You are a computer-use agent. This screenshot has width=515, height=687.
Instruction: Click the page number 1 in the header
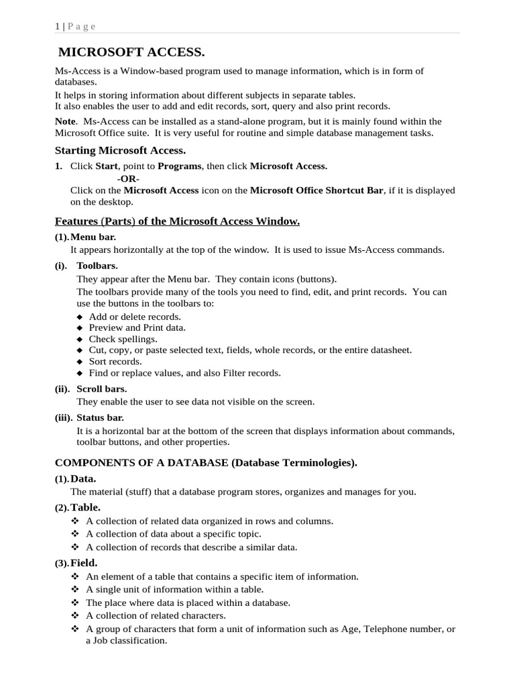57,26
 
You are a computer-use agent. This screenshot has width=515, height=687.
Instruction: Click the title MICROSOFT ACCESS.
131,52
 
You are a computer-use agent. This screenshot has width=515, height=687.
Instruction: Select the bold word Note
65,121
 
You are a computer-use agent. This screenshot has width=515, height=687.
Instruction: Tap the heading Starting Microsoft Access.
120,150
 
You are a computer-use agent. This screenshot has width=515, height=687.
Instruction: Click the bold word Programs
179,166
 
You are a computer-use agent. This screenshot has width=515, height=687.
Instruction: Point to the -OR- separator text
128,178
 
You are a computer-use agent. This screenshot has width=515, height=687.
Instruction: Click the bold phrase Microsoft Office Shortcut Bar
317,191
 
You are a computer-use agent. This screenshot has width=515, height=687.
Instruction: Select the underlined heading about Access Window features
177,221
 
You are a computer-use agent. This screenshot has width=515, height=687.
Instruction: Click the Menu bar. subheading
97,237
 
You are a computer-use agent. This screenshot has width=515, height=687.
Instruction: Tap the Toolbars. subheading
97,266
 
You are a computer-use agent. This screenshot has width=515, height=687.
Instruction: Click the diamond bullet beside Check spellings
80,339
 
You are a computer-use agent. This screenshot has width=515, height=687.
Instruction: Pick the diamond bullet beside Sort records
80,362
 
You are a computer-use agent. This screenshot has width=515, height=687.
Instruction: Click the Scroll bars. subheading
101,388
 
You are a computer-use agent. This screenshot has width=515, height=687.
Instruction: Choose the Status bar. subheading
101,417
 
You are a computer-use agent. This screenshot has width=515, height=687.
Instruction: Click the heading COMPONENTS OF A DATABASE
141,463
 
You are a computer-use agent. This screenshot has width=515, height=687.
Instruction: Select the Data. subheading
83,478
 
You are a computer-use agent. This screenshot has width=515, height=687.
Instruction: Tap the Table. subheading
85,507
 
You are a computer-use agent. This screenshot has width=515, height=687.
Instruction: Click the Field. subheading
84,563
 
